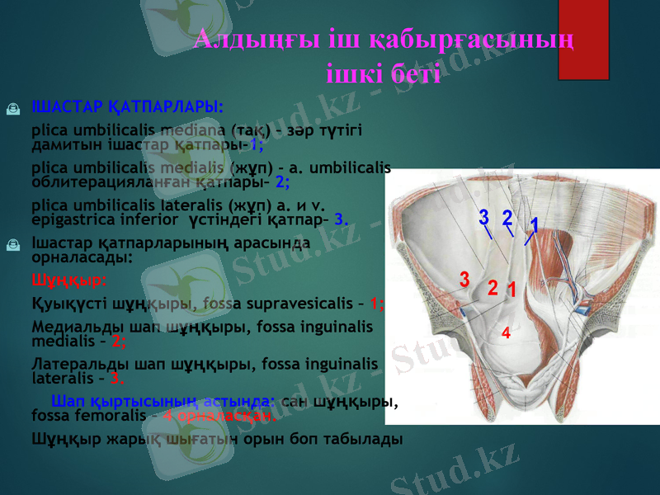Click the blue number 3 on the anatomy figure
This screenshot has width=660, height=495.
484,218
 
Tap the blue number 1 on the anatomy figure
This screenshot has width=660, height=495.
534,225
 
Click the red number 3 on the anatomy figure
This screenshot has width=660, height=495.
464,278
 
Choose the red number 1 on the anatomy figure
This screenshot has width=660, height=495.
511,290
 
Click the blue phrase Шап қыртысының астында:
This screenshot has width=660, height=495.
163,402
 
